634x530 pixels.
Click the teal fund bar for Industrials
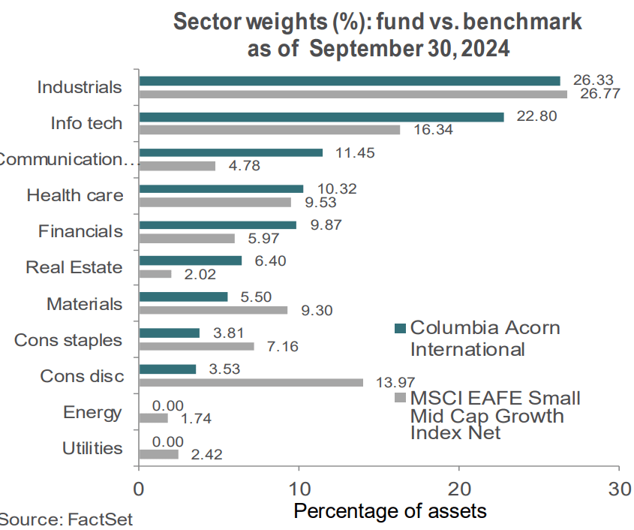[349, 80]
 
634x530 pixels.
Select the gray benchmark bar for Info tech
[269, 130]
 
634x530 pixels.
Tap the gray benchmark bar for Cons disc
[251, 382]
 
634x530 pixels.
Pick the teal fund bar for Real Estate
[191, 260]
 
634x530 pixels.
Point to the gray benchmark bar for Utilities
[158, 454]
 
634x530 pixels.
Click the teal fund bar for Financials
[218, 224]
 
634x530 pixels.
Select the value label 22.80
[533, 116]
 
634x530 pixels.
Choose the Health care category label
[74, 195]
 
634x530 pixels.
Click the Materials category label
[84, 304]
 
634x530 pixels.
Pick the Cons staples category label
[68, 340]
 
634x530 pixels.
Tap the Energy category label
[93, 412]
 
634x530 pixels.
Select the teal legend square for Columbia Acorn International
[400, 328]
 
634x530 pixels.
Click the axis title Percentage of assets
[389, 511]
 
